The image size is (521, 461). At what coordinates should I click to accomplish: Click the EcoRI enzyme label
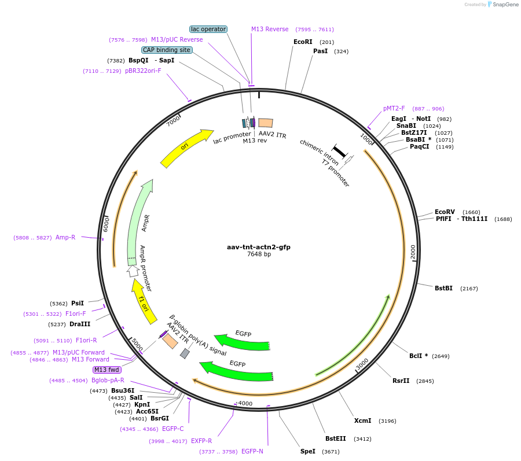[303, 42]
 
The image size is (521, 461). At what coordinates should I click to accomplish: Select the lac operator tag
[208, 29]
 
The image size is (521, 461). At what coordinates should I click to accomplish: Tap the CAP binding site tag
[167, 50]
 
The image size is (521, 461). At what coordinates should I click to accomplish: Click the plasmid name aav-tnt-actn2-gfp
[259, 247]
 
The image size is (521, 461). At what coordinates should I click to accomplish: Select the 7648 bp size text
[259, 254]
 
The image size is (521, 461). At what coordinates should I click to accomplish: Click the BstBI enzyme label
[444, 288]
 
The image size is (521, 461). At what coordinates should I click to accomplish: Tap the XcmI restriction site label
[362, 421]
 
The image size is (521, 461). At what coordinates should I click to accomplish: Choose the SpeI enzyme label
[308, 451]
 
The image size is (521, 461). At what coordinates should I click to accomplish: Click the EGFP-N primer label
[252, 451]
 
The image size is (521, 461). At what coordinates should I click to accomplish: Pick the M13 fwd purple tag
[107, 370]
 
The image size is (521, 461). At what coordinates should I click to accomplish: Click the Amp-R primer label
[65, 237]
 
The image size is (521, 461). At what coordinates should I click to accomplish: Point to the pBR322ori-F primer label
[143, 71]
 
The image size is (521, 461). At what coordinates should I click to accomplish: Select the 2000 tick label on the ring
[413, 252]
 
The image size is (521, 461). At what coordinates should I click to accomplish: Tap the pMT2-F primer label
[394, 108]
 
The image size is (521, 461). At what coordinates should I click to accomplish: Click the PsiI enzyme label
[78, 303]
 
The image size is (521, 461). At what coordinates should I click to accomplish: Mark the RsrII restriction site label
[401, 381]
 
